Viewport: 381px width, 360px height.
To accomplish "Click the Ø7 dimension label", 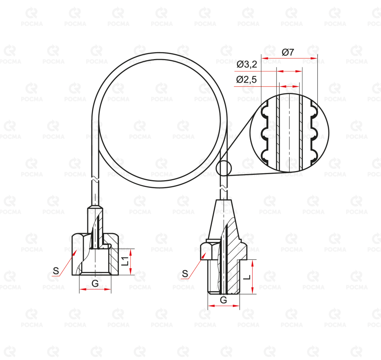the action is point(288,52).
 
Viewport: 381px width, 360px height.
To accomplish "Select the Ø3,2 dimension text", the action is point(247,64).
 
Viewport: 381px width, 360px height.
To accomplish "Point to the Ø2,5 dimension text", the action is point(247,80).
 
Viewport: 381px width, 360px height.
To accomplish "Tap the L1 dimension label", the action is point(125,261).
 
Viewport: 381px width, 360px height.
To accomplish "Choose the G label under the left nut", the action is point(95,283).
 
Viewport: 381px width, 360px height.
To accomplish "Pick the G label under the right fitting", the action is point(223,300).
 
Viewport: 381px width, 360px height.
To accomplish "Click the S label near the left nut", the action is point(56,270).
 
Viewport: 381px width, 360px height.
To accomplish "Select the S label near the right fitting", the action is point(185,274).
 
